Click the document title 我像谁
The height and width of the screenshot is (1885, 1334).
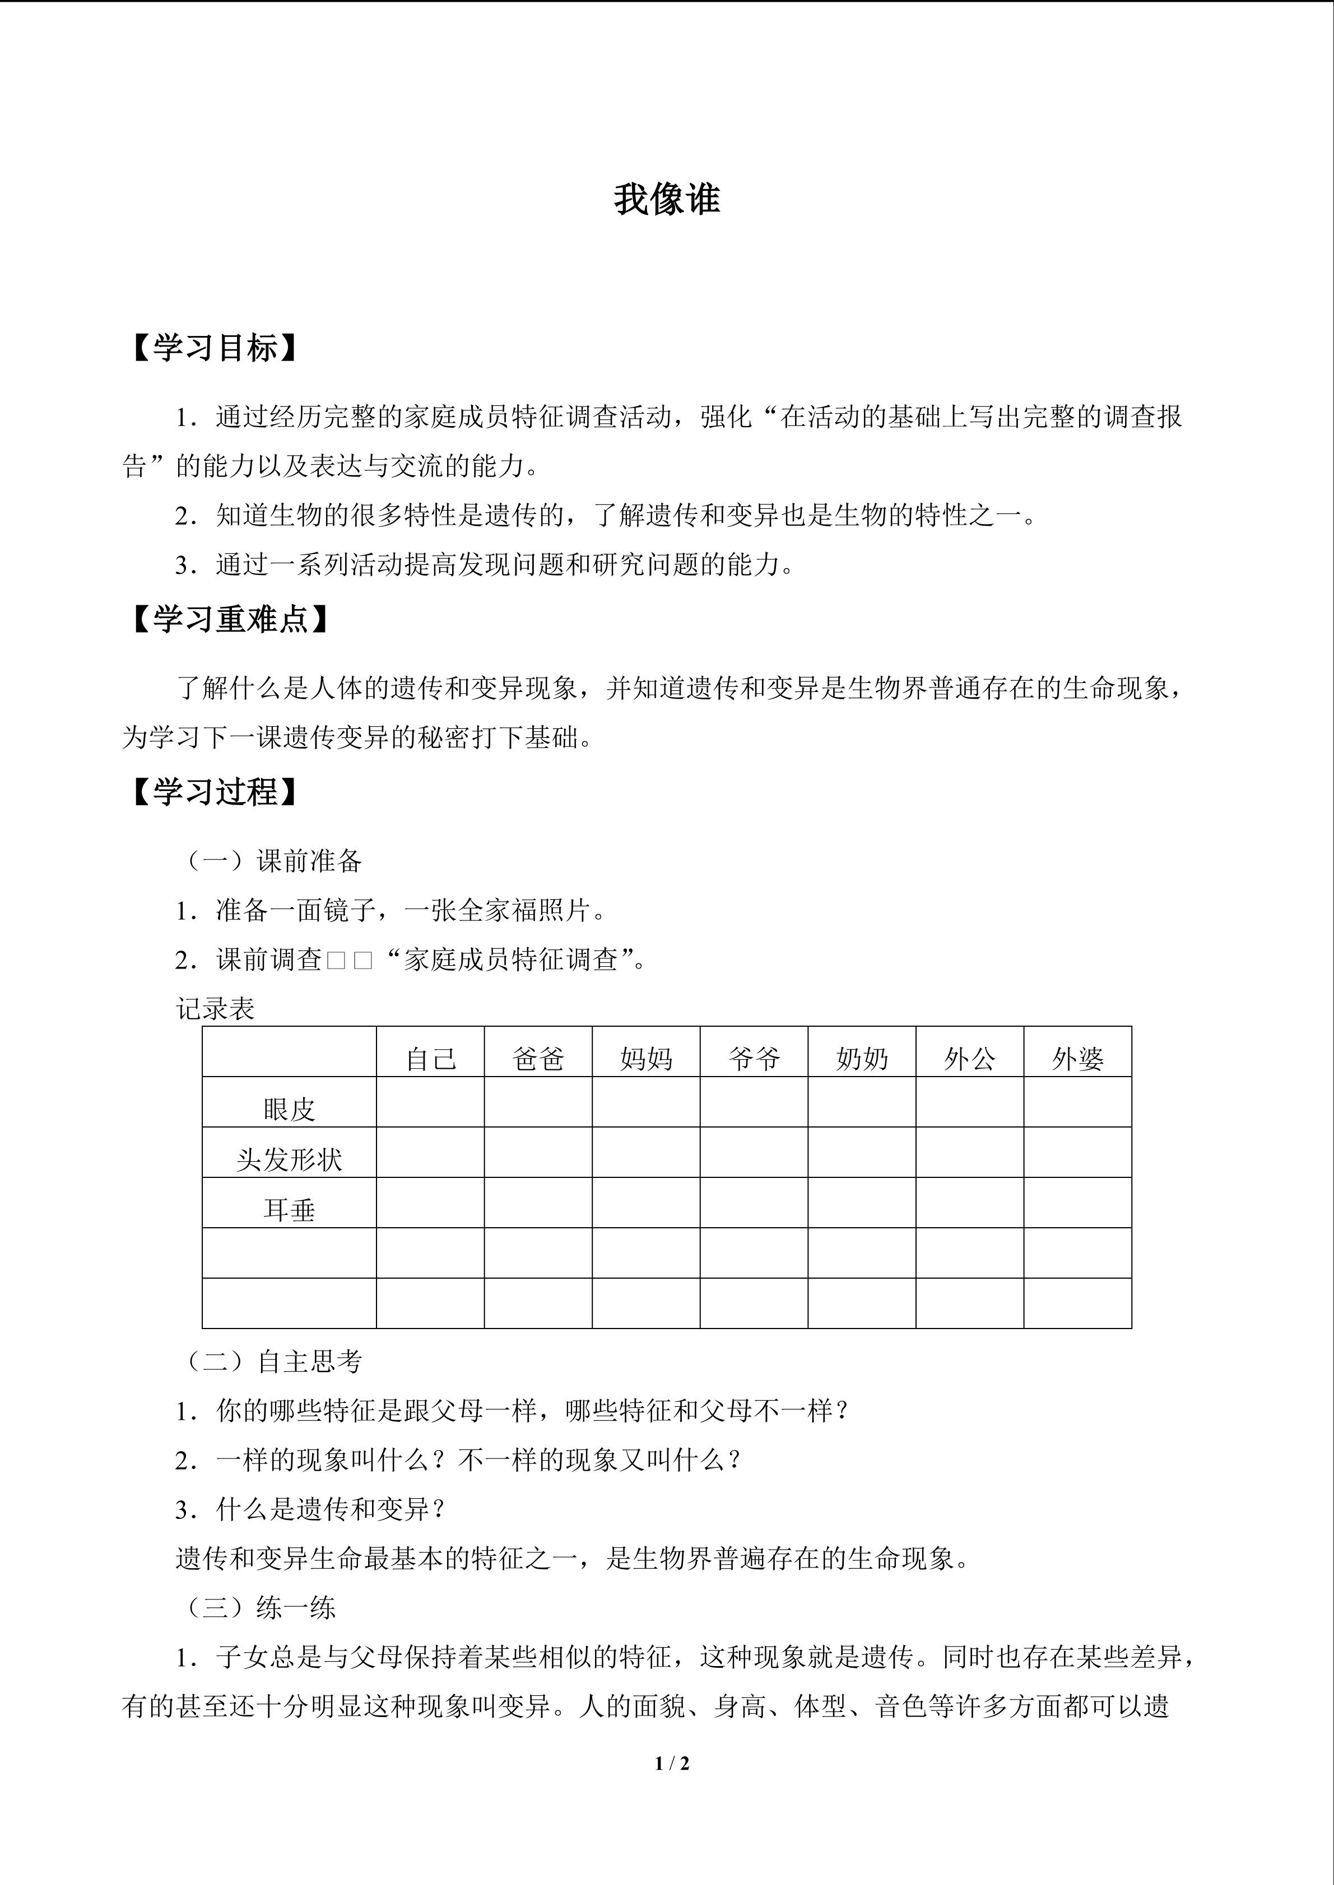(666, 199)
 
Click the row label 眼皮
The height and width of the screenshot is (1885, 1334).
(289, 1109)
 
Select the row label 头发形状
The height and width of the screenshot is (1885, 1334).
(289, 1159)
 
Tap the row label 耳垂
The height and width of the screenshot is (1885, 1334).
(289, 1209)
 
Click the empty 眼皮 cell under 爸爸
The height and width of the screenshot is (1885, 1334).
(538, 1102)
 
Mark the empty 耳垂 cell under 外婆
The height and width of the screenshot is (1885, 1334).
(1078, 1203)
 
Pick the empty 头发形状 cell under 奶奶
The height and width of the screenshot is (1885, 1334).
(862, 1152)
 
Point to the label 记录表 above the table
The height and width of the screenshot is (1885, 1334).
(215, 1009)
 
